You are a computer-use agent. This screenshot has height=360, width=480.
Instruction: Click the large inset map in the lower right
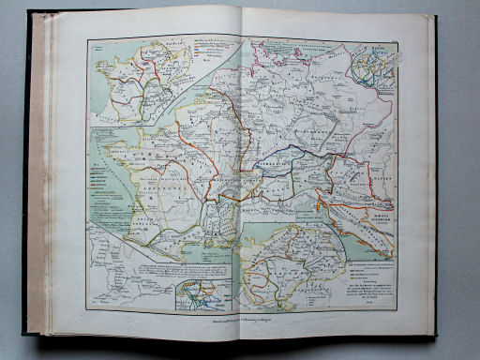[291, 267]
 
